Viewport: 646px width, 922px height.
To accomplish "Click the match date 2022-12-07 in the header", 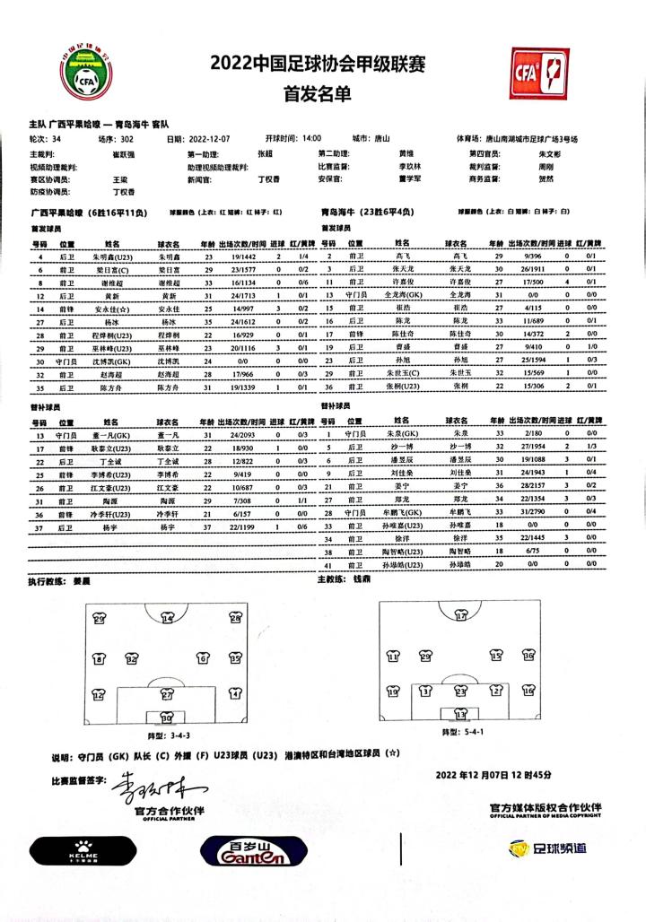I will point(210,140).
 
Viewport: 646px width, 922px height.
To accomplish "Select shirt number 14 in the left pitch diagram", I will point(168,618).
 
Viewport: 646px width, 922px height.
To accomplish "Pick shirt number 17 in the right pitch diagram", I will point(462,616).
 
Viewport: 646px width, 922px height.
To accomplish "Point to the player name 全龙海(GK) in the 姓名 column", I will point(403,294).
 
